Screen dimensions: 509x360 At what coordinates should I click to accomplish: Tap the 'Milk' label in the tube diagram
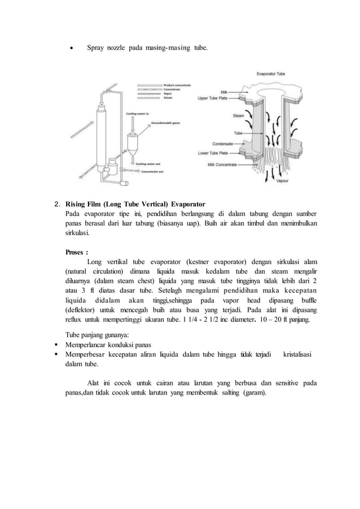pos(224,91)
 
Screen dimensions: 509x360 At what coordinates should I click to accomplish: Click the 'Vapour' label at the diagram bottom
pos(283,182)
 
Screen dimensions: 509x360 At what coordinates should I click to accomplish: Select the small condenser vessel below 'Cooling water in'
pos(134,141)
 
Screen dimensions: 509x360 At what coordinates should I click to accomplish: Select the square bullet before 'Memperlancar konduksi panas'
pos(57,344)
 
